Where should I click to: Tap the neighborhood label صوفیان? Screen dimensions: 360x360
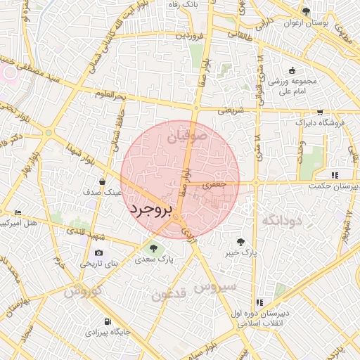click(188, 135)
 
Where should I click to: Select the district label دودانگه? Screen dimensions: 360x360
click(281, 221)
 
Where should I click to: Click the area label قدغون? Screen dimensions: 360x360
click(169, 293)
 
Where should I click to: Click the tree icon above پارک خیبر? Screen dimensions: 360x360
click(241, 241)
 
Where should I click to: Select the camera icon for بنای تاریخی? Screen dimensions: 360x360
click(98, 252)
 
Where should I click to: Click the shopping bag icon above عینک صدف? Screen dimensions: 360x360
click(103, 181)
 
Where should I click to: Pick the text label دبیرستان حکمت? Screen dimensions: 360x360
click(334, 186)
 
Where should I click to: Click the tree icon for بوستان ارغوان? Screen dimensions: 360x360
click(305, 11)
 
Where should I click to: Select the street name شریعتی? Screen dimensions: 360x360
click(229, 110)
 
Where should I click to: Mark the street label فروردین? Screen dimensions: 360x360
click(190, 34)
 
